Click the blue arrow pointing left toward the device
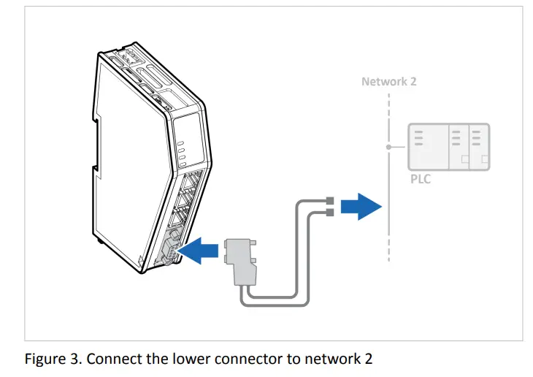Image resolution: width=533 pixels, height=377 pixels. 199,251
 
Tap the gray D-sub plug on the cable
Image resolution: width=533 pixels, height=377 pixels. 240,260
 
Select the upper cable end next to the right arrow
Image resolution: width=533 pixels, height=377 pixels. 329,200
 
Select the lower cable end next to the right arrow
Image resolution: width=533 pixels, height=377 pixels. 329,212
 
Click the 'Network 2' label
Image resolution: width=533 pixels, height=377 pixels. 388,81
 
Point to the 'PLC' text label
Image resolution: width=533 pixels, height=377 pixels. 420,179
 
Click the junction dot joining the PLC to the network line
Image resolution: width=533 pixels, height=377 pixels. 389,147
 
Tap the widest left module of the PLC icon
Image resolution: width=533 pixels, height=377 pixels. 426,147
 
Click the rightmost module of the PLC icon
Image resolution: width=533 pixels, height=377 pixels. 479,147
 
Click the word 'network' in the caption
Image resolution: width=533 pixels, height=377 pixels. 316,359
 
